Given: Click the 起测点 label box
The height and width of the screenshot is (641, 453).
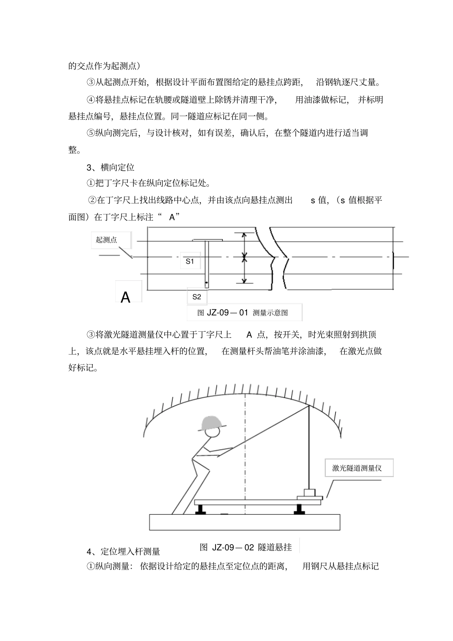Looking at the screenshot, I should point(106,240).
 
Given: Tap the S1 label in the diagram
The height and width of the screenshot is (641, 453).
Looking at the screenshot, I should point(190,261).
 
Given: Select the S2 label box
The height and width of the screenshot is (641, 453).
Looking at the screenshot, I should point(196,297).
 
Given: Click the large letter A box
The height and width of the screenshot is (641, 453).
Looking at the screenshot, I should point(126,297).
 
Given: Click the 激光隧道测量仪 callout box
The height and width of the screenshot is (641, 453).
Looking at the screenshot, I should point(357,468).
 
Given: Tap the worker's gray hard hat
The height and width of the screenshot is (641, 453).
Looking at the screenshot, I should point(212,422).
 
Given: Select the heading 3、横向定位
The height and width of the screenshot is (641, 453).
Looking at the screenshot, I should point(111,167).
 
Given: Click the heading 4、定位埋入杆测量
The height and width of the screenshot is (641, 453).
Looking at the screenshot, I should point(124,551).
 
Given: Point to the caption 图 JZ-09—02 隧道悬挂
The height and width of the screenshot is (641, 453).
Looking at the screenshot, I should point(246,547).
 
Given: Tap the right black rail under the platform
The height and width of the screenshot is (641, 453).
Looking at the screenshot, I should point(299,509).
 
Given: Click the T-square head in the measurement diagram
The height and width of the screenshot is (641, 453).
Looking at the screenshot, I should point(207,240).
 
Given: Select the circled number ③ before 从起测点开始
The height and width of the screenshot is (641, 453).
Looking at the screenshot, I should point(91,82).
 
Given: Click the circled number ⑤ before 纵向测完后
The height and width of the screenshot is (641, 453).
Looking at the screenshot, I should point(91,133).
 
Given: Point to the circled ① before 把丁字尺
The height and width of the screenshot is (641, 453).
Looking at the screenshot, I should point(91,183).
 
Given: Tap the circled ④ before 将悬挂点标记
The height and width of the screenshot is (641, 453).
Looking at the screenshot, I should point(91,100).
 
